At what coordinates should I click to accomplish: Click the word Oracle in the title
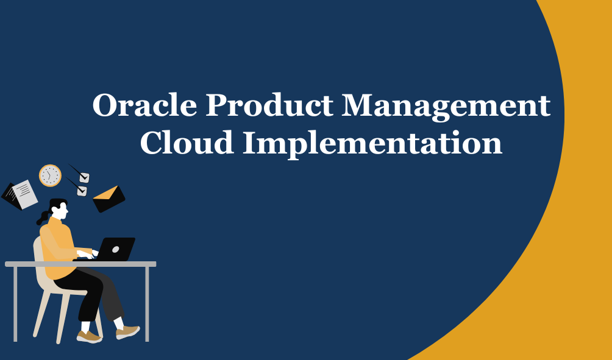click(x=144, y=105)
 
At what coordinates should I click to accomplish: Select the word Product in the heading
click(x=269, y=105)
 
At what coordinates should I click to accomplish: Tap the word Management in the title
click(x=446, y=107)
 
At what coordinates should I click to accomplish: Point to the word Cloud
click(x=187, y=143)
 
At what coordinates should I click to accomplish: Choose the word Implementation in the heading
click(x=372, y=144)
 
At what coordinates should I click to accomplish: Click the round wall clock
click(x=51, y=175)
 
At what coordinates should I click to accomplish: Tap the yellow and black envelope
click(x=109, y=199)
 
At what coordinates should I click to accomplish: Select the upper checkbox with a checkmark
click(x=84, y=177)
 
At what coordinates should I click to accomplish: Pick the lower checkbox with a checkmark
click(x=82, y=191)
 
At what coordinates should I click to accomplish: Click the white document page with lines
click(x=25, y=194)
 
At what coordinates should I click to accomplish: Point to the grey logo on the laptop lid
click(x=116, y=249)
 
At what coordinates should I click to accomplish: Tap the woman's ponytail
click(x=43, y=218)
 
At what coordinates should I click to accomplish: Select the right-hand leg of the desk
click(x=147, y=304)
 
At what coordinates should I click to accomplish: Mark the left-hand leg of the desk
click(x=15, y=304)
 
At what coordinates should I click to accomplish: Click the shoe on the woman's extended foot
click(x=128, y=332)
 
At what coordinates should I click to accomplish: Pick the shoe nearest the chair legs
click(x=90, y=337)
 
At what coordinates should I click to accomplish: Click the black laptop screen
click(x=116, y=249)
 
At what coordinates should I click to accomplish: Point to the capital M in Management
click(x=357, y=105)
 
